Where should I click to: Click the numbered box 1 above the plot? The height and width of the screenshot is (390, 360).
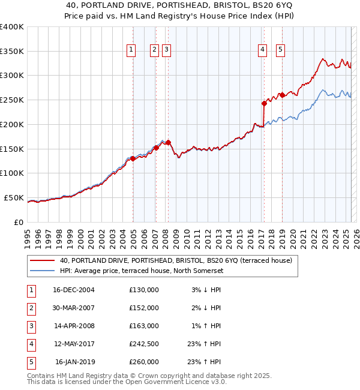[x=131, y=50]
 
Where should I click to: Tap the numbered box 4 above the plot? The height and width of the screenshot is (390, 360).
[x=263, y=50]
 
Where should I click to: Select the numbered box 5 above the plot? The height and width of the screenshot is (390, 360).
[x=280, y=50]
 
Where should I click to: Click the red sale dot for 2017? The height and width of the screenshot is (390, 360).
[x=263, y=103]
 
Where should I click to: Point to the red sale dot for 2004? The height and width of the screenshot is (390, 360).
[x=133, y=158]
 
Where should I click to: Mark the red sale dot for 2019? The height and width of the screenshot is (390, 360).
[x=281, y=95]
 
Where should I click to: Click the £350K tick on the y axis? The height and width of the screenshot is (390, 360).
[x=12, y=51]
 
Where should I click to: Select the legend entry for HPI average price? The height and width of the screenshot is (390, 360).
[x=141, y=271]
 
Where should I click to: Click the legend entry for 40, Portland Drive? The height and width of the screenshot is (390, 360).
[x=175, y=260]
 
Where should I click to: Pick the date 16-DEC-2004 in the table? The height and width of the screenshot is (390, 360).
[x=74, y=290]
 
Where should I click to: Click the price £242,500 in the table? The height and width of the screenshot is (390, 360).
[x=144, y=344]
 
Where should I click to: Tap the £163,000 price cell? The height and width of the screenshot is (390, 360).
[x=144, y=326]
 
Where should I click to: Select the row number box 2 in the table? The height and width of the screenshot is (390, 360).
[x=29, y=308]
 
